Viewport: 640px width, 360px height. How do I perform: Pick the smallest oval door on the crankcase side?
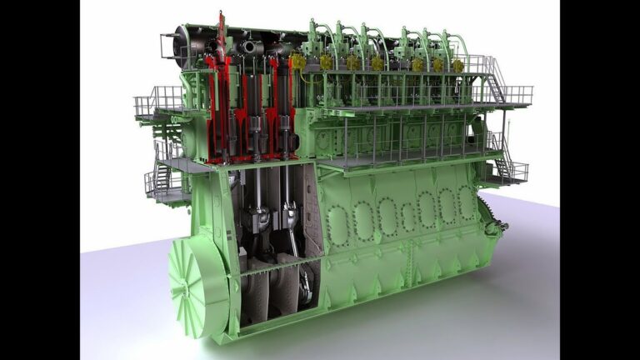point(407,217)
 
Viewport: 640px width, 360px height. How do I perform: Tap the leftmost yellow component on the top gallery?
point(298,61)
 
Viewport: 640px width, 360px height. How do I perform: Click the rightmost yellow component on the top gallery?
point(457,64)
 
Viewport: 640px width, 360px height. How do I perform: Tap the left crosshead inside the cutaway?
point(259,219)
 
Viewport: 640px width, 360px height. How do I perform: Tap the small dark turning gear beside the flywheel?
point(500,223)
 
